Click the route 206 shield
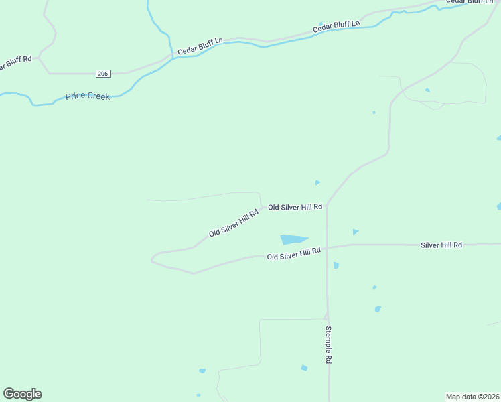point(102,73)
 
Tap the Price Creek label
point(87,96)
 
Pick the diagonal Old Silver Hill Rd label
point(233,223)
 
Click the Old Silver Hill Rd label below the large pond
point(293,253)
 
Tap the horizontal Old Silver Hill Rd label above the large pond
point(295,207)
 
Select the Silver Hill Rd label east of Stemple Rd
point(441,245)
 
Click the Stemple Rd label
point(328,344)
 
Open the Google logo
point(22,394)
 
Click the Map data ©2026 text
point(472,396)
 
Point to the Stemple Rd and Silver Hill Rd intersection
point(327,247)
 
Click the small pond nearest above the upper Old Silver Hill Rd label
point(317,182)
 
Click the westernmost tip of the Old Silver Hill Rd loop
point(152,257)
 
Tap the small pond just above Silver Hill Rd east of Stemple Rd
point(356,232)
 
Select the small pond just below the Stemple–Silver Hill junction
point(336,265)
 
